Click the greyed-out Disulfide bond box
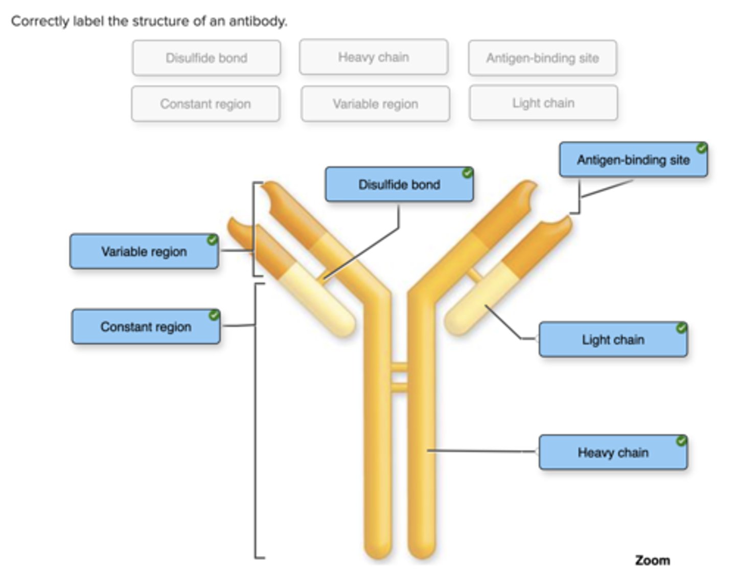pos(206,58)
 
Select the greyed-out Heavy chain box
pos(374,57)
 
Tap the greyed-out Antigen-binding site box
pos(542,58)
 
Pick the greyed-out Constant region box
pos(205,104)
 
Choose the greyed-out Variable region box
pos(375,104)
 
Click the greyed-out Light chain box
pos(543,103)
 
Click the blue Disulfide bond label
pos(399,185)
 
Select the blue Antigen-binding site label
pos(633,160)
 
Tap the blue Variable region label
pos(144,252)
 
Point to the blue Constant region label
pos(146,327)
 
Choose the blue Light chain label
pos(613,340)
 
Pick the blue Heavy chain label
pos(613,453)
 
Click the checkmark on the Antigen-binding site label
pos(702,148)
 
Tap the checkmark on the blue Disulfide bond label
pos(467,173)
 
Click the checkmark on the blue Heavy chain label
pos(681,441)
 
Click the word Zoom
pos(652,561)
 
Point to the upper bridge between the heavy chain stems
pos(399,367)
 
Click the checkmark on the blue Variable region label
pos(212,240)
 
